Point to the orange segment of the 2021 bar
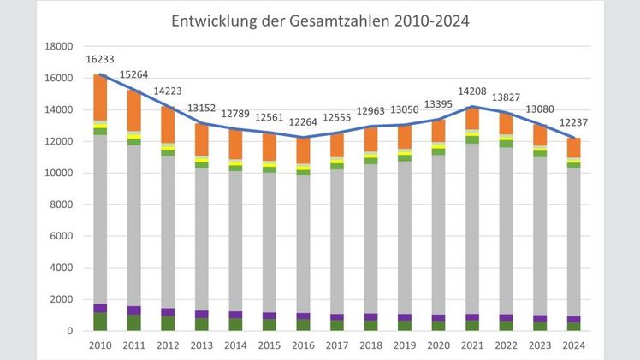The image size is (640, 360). click(x=471, y=118)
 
